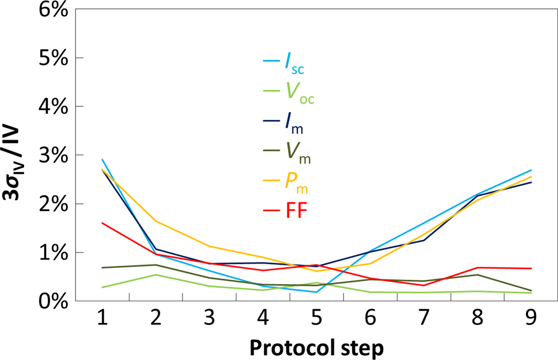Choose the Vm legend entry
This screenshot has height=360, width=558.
297,152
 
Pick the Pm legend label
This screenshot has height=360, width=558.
297,182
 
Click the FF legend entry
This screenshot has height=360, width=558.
296,211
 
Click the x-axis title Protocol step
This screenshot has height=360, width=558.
316,347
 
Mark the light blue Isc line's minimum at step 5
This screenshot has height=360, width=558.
316,292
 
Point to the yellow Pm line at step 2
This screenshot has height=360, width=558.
155,221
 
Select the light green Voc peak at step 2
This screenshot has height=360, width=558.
155,275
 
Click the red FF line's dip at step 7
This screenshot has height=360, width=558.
423,285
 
